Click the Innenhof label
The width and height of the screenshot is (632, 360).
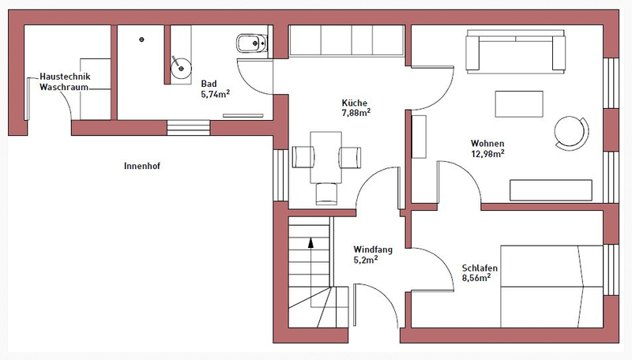tap(142, 166)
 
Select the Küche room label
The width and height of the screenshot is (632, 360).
tap(354, 103)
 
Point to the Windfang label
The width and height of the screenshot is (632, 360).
tap(373, 249)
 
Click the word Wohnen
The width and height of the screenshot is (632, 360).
tap(487, 144)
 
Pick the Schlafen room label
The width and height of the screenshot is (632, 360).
tap(480, 268)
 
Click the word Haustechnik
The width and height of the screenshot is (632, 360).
tap(65, 77)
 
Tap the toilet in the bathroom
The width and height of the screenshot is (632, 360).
tap(251, 43)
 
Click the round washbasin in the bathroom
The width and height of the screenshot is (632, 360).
tap(181, 67)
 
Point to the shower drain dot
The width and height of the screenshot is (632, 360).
tap(141, 39)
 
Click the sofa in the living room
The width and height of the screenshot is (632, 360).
tap(516, 51)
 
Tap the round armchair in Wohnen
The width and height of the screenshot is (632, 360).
tap(571, 133)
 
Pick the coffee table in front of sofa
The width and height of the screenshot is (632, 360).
tap(519, 104)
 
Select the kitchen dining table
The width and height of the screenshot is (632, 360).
tap(325, 157)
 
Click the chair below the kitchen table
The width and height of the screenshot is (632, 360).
tap(326, 193)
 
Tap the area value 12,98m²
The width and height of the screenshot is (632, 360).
tap(487, 153)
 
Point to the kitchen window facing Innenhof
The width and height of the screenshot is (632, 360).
tap(280, 175)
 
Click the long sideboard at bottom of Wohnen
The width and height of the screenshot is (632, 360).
tap(551, 190)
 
